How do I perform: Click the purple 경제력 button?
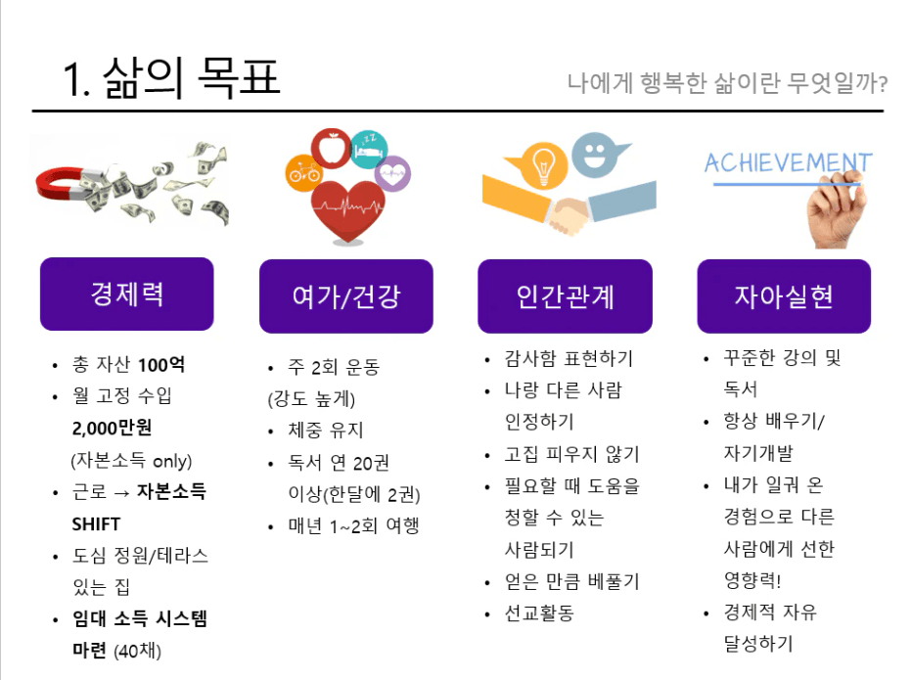point(127,294)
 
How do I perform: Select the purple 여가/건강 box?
point(346,296)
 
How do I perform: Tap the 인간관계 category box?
point(565,296)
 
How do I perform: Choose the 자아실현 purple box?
point(784,296)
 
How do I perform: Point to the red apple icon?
point(331,149)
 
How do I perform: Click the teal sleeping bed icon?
point(369,149)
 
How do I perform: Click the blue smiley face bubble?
point(596,155)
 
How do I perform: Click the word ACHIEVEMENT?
point(788,162)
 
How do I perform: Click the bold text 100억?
point(161,365)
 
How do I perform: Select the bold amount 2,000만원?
point(112,429)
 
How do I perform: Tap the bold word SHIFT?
point(96,524)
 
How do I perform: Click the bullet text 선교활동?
point(539,612)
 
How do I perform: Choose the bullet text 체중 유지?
point(326,431)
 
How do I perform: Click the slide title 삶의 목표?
point(192,78)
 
